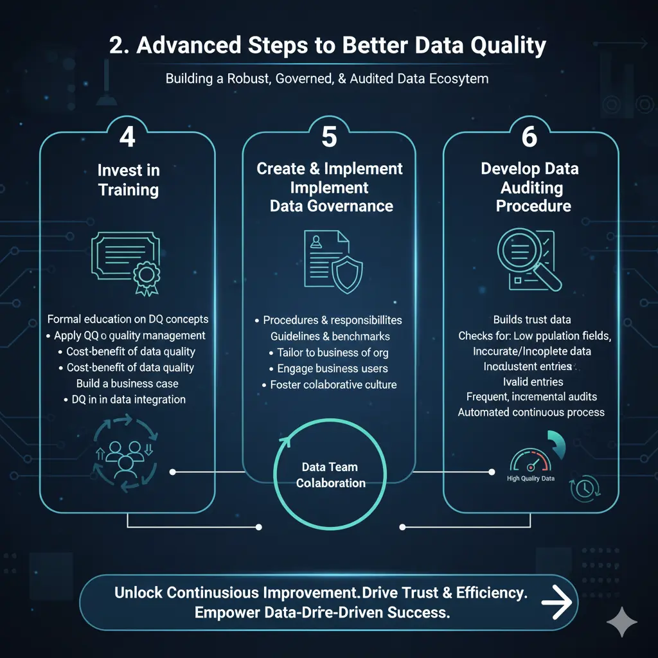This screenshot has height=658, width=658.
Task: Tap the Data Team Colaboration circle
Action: [x=330, y=476]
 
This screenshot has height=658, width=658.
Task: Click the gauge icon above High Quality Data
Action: [x=530, y=462]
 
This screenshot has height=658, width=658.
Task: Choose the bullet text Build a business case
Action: [x=128, y=384]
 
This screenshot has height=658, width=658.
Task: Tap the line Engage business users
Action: [x=332, y=369]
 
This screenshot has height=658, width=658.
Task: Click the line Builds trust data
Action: [x=531, y=319]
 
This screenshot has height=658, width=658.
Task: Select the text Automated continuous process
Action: [x=531, y=412]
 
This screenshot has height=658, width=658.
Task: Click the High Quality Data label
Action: [x=531, y=479]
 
